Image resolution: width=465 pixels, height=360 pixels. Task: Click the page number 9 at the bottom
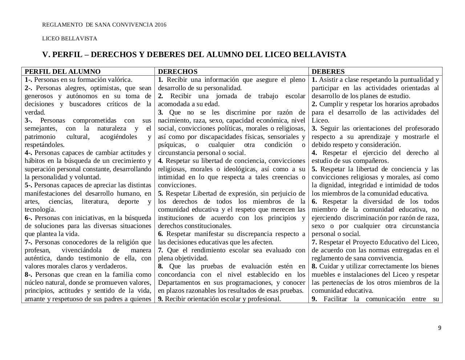pyautogui.click(x=440, y=328)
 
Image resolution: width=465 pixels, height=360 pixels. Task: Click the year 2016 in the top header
pyautogui.click(x=160, y=25)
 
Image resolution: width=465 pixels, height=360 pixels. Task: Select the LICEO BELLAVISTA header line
pyautogui.click(x=70, y=39)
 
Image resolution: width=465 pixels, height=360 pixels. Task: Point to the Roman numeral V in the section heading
pyautogui.click(x=45, y=55)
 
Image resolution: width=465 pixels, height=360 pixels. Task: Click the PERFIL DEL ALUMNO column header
pyautogui.click(x=62, y=72)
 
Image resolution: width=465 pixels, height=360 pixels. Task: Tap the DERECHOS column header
pyautogui.click(x=178, y=72)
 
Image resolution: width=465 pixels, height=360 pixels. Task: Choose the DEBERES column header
pyautogui.click(x=328, y=72)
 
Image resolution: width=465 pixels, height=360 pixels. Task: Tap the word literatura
pyautogui.click(x=95, y=201)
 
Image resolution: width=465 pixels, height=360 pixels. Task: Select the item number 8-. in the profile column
pyautogui.click(x=29, y=275)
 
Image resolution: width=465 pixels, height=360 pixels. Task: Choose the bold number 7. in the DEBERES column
pyautogui.click(x=315, y=242)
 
